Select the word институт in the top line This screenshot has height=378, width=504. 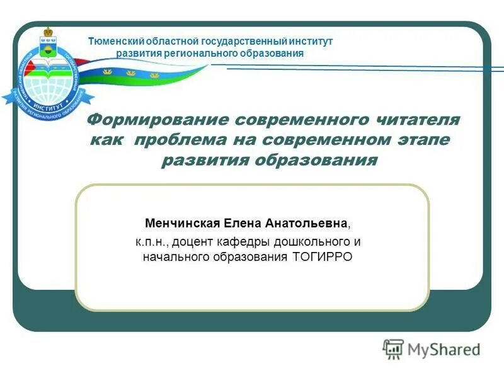tap(306, 41)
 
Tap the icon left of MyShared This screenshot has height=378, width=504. tap(393, 348)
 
